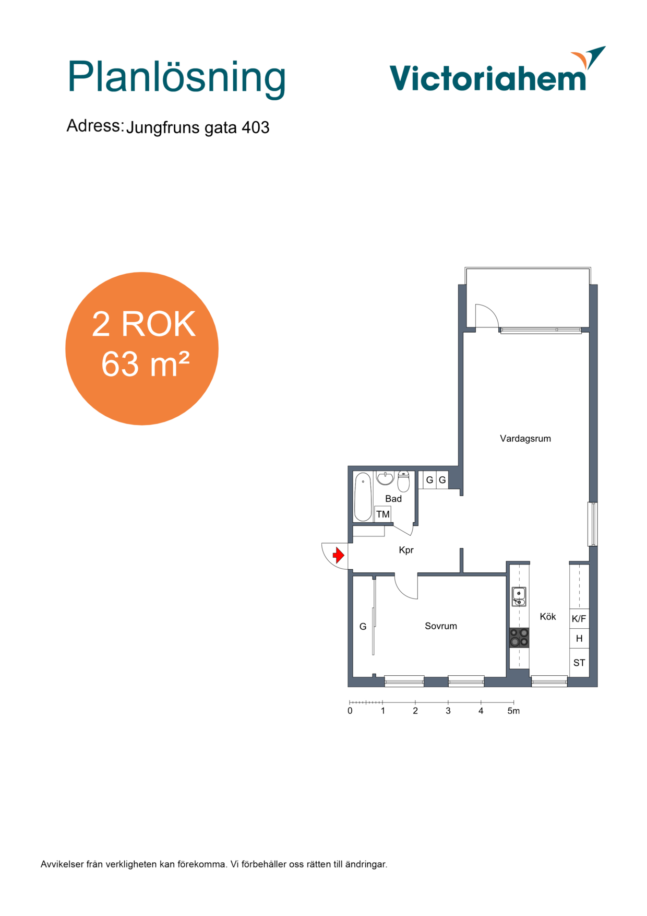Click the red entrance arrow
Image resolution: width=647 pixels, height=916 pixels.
point(339,555)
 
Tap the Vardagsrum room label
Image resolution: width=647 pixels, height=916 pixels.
point(525,439)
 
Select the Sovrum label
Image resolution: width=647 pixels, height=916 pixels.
point(441,626)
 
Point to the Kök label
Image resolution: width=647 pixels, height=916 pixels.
point(548,617)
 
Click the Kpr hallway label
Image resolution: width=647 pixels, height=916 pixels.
point(406,550)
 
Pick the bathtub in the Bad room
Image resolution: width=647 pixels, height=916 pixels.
point(363,497)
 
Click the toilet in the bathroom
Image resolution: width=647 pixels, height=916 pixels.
point(403,482)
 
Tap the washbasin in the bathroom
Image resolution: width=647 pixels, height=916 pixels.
point(385,478)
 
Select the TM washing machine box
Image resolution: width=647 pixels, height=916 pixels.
point(382,514)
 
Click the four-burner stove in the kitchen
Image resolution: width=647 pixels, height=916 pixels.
point(519,638)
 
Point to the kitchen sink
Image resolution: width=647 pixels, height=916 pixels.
point(519,597)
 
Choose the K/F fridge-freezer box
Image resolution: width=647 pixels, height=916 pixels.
point(579,619)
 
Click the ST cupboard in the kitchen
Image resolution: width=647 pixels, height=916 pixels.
point(579,663)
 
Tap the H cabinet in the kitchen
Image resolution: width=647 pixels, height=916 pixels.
point(579,639)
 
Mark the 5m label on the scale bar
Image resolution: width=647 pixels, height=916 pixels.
point(513,711)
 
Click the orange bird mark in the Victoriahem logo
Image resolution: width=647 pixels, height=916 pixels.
point(580,59)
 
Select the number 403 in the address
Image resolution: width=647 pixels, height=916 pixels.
point(255,127)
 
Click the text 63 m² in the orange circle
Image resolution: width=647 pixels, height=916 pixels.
point(145,364)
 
